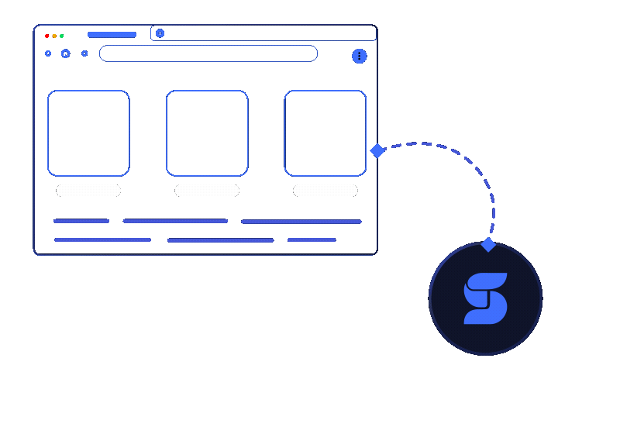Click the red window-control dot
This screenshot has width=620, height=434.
coord(47,36)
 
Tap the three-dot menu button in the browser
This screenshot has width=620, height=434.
coord(359,56)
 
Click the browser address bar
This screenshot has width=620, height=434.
coord(208,53)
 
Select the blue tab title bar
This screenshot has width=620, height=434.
coord(112,35)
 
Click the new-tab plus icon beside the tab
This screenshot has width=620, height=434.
coord(160,33)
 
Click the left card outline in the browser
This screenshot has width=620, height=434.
coord(88,133)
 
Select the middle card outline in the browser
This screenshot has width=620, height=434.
coord(207,133)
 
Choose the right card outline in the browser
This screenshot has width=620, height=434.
coord(325,133)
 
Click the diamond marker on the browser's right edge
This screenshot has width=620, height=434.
coord(377,150)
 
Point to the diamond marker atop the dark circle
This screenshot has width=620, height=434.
coord(488,245)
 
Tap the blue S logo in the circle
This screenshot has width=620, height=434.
coord(486,298)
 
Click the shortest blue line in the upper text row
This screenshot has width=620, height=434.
coord(81,221)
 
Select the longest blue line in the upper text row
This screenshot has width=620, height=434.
coord(301,222)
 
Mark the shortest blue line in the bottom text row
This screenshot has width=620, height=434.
coord(312,239)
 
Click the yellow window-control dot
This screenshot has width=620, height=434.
coord(53,36)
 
